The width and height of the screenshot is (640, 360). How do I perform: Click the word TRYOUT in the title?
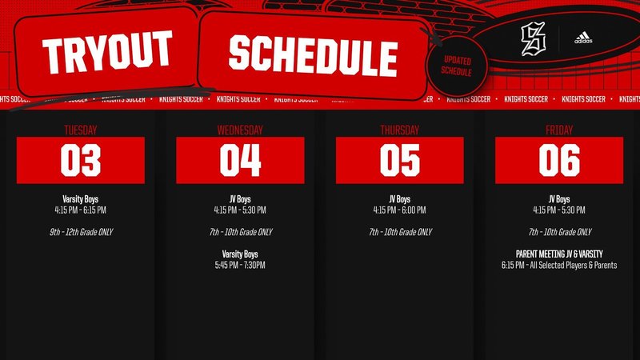pyautogui.click(x=106, y=52)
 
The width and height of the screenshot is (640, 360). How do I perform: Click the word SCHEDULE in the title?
pyautogui.click(x=312, y=54)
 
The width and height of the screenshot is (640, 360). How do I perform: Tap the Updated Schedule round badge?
pyautogui.click(x=456, y=66)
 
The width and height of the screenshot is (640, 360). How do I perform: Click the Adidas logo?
pyautogui.click(x=582, y=38)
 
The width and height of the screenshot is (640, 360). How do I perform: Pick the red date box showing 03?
pyautogui.click(x=80, y=160)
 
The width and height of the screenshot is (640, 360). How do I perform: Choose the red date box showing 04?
pyautogui.click(x=240, y=160)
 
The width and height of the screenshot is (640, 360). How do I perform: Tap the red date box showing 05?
pyautogui.click(x=400, y=160)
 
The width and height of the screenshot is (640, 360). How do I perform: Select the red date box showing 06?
pyautogui.click(x=559, y=160)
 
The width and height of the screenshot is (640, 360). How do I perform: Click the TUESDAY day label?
pyautogui.click(x=80, y=129)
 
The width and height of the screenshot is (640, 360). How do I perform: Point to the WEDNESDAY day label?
pyautogui.click(x=240, y=129)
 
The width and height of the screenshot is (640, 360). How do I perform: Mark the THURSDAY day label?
pyautogui.click(x=400, y=129)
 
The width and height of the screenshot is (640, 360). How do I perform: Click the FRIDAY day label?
pyautogui.click(x=559, y=129)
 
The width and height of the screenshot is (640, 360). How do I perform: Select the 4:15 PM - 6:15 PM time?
pyautogui.click(x=80, y=210)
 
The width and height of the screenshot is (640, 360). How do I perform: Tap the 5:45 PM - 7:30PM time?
pyautogui.click(x=240, y=265)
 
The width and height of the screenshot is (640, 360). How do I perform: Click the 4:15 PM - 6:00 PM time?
pyautogui.click(x=400, y=210)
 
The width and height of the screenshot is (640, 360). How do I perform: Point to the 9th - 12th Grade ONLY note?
pyautogui.click(x=80, y=232)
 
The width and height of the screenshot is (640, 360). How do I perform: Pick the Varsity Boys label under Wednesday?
pyautogui.click(x=240, y=254)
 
